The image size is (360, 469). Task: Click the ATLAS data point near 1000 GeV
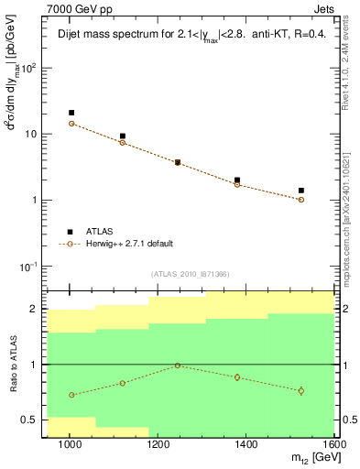click(71, 113)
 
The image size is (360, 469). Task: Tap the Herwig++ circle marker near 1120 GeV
click(123, 142)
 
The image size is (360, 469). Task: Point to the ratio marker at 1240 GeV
click(178, 365)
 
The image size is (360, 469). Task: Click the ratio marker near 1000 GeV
click(71, 395)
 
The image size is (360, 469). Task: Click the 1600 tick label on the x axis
click(335, 444)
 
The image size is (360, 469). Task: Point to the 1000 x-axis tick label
click(70, 444)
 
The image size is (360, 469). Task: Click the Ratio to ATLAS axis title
click(12, 365)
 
